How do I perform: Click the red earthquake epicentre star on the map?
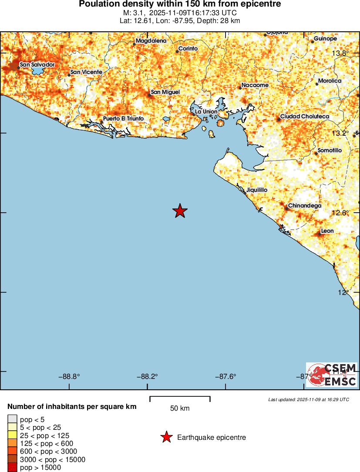pos(180,211)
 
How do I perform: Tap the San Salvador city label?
pos(37,64)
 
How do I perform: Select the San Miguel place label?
pos(165,92)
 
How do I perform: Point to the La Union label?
pos(206,111)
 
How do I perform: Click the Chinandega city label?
pos(305,205)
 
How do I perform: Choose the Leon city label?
pos(327,231)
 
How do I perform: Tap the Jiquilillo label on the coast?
pos(256,190)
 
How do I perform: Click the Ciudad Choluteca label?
pos(304,117)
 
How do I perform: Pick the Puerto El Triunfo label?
pos(123,119)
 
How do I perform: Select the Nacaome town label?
pos(255,85)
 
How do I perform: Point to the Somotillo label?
pos(330,150)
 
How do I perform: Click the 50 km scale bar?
pos(180,398)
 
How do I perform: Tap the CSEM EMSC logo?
pos(332,375)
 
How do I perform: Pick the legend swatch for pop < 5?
pos(12,419)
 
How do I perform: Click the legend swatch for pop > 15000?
pos(12,467)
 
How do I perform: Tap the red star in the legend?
pos(166,437)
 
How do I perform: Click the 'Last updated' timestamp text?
pos(308,399)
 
